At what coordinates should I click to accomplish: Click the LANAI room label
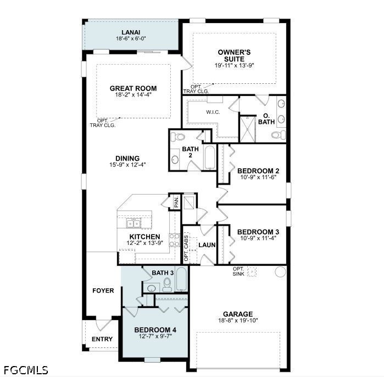131,32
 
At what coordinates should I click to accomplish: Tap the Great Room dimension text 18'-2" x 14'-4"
133,95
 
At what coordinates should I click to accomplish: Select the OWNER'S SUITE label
234,55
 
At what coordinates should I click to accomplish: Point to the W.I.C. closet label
213,112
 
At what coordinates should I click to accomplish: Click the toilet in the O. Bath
279,135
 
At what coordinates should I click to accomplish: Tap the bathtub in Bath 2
210,158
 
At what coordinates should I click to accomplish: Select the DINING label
127,158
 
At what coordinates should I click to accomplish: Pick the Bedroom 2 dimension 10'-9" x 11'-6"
258,177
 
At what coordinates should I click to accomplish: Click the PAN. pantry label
176,202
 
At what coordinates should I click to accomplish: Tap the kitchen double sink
133,224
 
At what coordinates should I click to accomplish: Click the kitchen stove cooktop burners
174,240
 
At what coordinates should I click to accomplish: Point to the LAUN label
207,245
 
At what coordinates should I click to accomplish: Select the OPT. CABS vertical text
186,248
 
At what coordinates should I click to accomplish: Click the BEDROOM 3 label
258,232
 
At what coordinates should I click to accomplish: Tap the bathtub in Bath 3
182,279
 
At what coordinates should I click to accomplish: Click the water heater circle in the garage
280,272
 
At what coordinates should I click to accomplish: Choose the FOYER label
103,290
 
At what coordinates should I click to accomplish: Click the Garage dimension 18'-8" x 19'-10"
238,321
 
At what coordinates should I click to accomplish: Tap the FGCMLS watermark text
26,370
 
